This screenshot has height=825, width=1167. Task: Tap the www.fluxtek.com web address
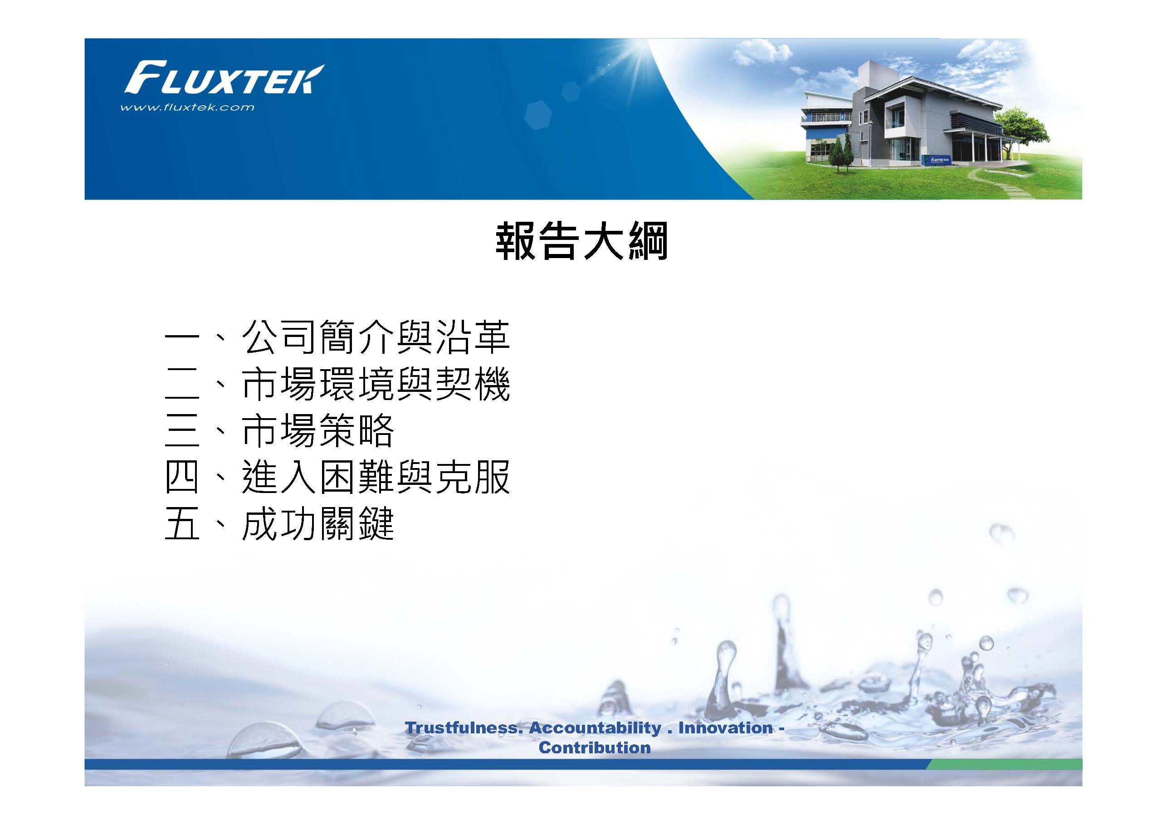[x=187, y=107]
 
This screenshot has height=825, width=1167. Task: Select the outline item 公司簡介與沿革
[x=376, y=337]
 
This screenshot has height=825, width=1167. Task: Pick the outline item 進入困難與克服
[x=376, y=477]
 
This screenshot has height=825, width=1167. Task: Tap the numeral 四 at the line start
[x=181, y=477]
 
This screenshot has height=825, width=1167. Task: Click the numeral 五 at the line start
[x=181, y=524]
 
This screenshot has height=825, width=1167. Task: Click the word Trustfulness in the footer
[x=464, y=728]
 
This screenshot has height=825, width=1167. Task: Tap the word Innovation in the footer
[x=725, y=728]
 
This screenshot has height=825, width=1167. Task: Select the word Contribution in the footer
[x=595, y=748]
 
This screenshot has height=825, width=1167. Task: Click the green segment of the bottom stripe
[x=1003, y=765]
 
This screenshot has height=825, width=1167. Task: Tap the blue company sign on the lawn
[x=942, y=161]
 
